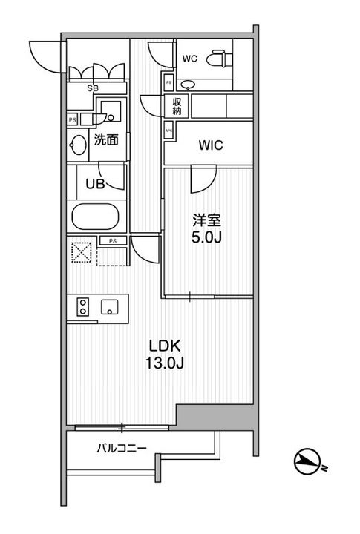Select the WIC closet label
pyautogui.click(x=211, y=146)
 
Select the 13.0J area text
pyautogui.click(x=165, y=365)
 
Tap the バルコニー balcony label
pyautogui.click(x=121, y=448)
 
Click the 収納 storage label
pyautogui.click(x=178, y=107)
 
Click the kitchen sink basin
pyautogui.click(x=111, y=306)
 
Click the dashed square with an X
pyautogui.click(x=81, y=251)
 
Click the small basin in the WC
pyautogui.click(x=186, y=82)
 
